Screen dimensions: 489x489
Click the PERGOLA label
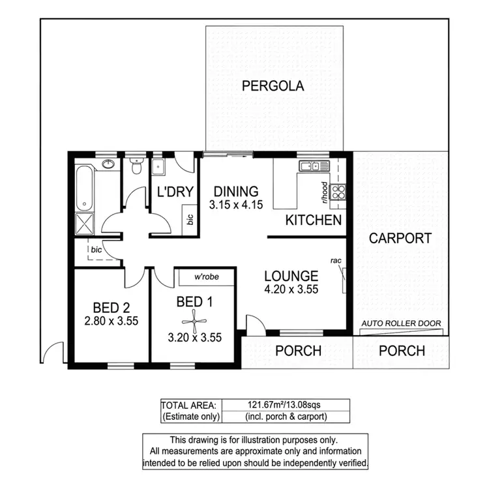click(273, 85)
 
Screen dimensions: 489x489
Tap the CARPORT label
click(400, 238)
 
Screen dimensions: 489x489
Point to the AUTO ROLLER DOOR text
click(402, 323)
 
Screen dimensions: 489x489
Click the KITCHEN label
click(314, 220)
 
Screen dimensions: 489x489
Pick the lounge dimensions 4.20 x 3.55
click(291, 290)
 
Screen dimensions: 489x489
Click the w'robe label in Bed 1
click(206, 276)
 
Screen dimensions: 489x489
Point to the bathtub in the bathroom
click(85, 187)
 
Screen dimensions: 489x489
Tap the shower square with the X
click(85, 220)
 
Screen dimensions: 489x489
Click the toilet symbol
click(136, 167)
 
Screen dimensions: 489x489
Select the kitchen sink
click(308, 166)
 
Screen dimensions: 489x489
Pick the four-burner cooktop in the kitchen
click(339, 191)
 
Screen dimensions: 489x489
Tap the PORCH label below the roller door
click(402, 351)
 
